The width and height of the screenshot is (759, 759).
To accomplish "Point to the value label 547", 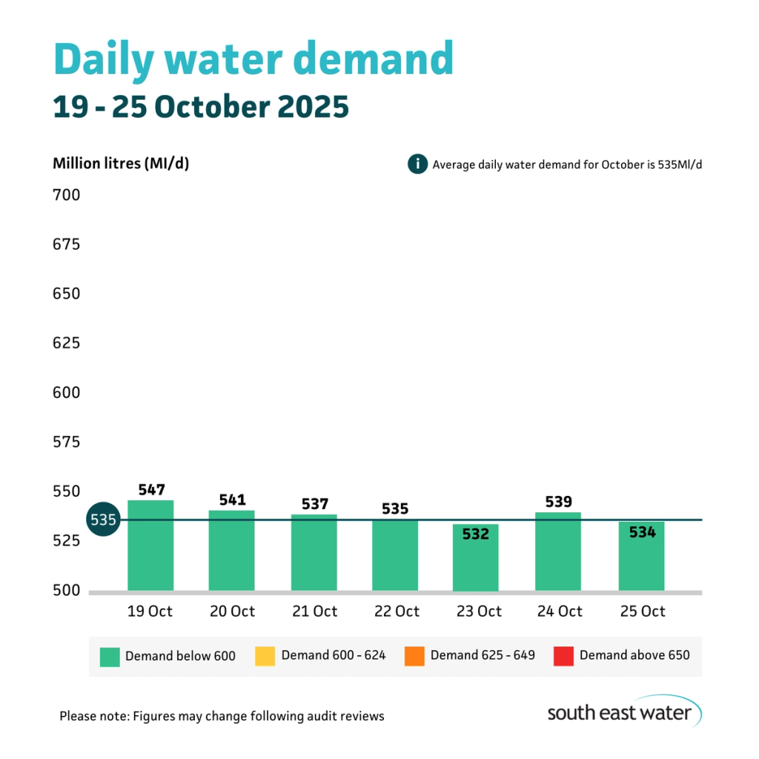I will pos(151,490).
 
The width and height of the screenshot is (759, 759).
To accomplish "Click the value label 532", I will pos(476,533).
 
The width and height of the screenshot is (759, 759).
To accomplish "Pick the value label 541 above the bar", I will pos(232,500).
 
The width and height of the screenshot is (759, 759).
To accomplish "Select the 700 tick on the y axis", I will pos(66,196).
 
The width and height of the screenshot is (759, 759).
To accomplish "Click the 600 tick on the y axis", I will pos(66,393).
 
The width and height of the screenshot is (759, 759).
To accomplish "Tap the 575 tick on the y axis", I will pos(66,443).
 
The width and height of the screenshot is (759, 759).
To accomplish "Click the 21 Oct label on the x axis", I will pos(314,611).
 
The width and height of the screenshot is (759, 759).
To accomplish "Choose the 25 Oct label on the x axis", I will pos(641,611).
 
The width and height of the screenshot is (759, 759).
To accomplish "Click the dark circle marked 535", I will pos(102,520).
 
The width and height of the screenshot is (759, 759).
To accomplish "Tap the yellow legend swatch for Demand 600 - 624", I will pos(265,656).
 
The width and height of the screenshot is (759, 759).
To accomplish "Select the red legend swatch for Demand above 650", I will pos(563,656).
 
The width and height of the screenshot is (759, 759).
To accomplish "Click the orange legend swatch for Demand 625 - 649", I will pos(414,656).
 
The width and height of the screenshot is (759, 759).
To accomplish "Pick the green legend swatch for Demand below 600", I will pos(110,656).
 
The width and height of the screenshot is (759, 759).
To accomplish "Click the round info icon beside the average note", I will pos(417,164).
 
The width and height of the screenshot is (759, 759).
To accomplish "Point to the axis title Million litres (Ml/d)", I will pos(121,164).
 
